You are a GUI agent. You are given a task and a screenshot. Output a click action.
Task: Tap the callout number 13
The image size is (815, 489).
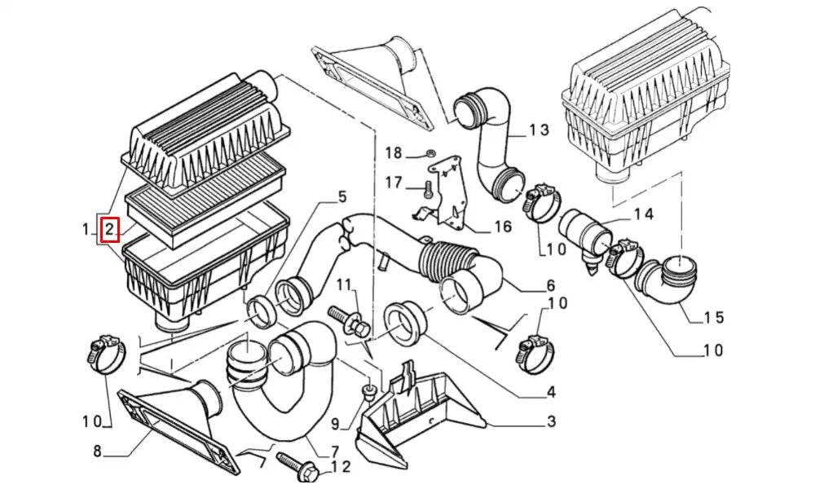click(x=539, y=130)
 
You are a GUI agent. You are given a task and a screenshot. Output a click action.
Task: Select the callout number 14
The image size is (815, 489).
click(x=643, y=214)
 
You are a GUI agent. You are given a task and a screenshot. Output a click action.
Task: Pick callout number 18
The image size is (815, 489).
click(x=394, y=153)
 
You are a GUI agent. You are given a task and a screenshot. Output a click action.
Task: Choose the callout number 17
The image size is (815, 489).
click(x=394, y=183)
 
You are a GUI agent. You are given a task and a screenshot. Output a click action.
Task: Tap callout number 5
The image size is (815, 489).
click(x=341, y=196)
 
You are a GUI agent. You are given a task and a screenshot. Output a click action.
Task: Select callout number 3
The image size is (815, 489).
click(x=551, y=421)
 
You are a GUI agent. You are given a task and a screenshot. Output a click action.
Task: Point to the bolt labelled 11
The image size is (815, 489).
click(x=346, y=319)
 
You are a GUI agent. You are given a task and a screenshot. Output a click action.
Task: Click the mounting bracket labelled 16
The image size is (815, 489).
click(x=446, y=189)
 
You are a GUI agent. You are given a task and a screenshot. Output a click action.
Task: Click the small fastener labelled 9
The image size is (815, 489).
click(x=368, y=396)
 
